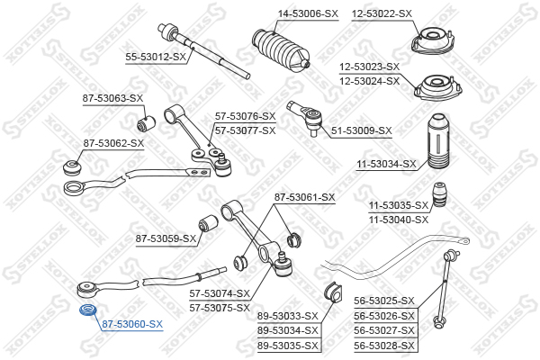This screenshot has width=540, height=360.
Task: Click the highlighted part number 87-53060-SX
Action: tap(131, 323)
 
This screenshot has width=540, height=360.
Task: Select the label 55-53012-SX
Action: tap(156, 57)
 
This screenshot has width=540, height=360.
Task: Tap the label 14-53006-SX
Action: tap(283, 13)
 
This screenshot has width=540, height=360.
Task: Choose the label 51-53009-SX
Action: tap(362, 130)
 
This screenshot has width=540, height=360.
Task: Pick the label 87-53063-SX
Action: tap(113, 97)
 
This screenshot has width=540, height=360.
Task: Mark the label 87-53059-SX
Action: tap(166, 238)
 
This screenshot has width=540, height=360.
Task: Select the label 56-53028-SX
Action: tap(384, 345)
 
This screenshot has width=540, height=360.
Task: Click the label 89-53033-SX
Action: tap(288, 315)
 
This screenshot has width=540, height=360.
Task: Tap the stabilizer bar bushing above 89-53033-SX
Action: tap(330, 292)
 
